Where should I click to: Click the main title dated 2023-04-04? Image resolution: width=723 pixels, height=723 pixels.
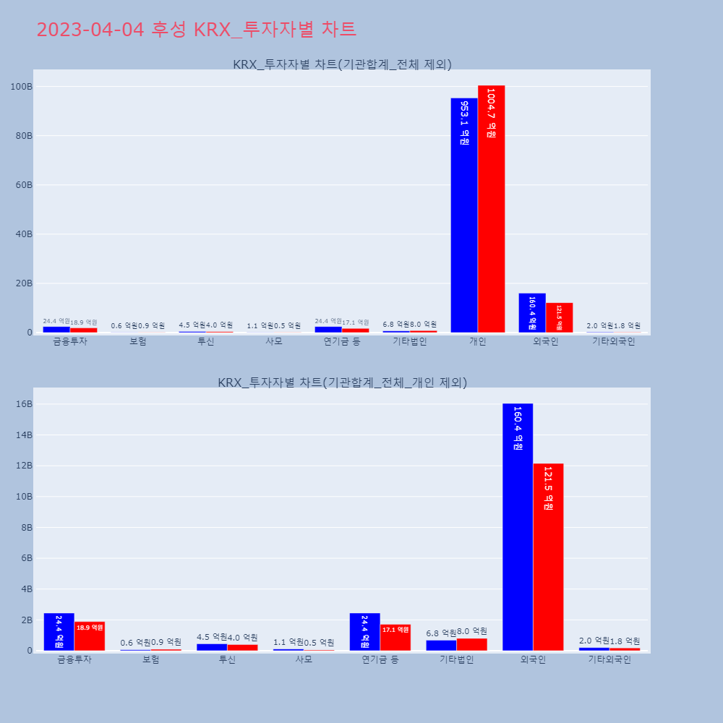pos(196,30)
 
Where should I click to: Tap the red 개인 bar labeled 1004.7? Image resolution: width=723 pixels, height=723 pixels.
pos(492,209)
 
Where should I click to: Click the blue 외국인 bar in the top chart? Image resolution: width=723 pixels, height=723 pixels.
pos(532,313)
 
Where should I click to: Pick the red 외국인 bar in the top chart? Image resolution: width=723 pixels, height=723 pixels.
pos(559,318)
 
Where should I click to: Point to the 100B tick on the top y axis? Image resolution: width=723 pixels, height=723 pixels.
pos(20,87)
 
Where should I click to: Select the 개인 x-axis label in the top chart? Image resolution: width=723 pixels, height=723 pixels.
pos(478,341)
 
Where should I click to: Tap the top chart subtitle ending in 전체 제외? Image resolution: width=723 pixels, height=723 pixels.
pos(342,64)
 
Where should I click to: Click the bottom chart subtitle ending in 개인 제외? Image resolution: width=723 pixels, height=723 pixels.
pos(342,382)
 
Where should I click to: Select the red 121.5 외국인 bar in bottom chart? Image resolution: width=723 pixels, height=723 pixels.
pos(548,557)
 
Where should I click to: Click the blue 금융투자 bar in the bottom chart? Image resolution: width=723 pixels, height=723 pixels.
pos(59,632)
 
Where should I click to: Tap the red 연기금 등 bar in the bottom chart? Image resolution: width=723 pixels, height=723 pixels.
pos(395,638)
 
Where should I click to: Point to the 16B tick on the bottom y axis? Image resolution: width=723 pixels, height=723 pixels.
pos(20,404)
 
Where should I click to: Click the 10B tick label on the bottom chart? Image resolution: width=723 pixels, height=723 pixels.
pos(20,497)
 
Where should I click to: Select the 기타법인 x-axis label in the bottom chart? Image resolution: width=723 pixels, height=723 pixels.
pos(456,659)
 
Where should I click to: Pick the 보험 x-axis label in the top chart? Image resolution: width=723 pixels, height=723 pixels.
pos(138,341)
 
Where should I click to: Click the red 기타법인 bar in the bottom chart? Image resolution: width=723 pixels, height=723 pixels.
pos(472,644)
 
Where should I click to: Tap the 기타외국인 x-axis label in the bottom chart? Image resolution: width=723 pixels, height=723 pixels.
pos(609,659)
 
